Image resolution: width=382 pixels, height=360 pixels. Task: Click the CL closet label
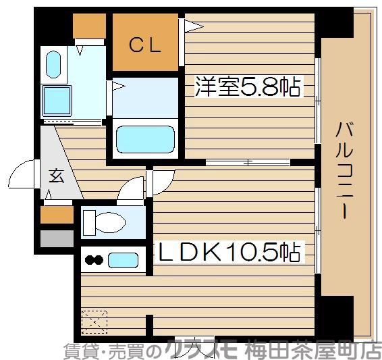(x=145, y=45)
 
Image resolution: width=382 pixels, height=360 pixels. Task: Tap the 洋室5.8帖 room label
(x=248, y=87)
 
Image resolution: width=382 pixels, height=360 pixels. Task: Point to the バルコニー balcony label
(x=344, y=169)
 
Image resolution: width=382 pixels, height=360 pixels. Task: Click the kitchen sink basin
(x=123, y=259)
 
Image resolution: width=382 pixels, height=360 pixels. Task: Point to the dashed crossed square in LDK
(x=94, y=320)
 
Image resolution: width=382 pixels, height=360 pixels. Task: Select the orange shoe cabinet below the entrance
(x=57, y=215)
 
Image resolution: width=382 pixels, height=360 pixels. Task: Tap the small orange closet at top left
(x=89, y=26)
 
